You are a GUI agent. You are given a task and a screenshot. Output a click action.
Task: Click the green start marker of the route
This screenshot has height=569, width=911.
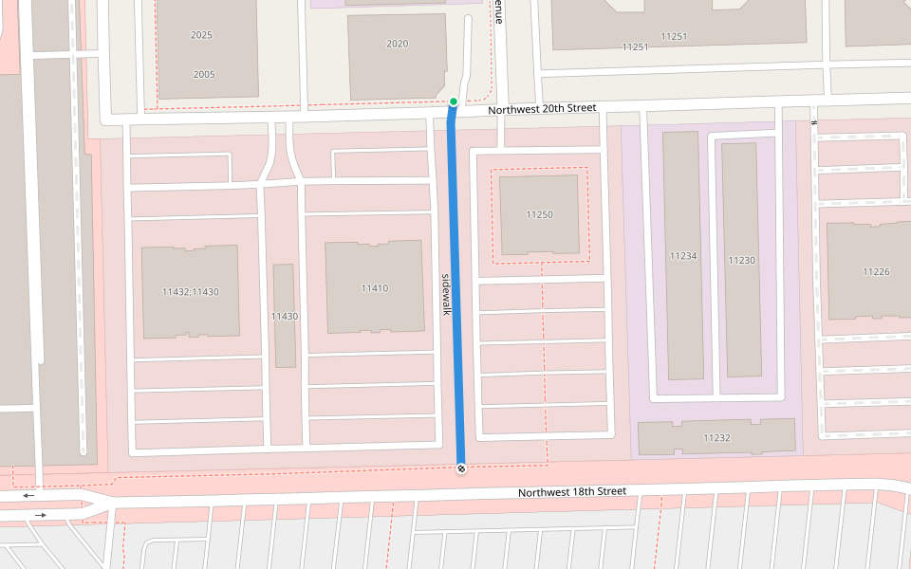tap(454, 101)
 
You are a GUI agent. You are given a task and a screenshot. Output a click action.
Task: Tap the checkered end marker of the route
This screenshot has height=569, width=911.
tap(461, 468)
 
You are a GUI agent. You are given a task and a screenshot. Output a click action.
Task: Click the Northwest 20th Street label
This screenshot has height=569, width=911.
tap(542, 109)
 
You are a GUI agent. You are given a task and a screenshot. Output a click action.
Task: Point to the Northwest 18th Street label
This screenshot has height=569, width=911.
tap(572, 492)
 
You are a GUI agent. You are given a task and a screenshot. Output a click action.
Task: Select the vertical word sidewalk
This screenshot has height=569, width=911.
tap(443, 295)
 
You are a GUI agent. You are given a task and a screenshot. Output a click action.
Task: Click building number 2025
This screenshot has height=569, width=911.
tap(201, 35)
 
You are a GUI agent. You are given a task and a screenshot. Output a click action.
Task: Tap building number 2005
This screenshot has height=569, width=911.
tap(204, 74)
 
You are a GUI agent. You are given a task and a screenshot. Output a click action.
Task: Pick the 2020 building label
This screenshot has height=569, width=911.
tap(398, 44)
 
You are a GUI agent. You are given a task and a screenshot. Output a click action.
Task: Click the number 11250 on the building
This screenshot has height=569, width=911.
tap(539, 214)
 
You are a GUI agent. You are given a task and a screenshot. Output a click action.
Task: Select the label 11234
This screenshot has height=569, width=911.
tap(683, 256)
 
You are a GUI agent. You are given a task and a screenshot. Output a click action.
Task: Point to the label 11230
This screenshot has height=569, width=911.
tap(742, 260)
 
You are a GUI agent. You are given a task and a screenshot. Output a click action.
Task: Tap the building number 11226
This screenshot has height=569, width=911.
tap(876, 272)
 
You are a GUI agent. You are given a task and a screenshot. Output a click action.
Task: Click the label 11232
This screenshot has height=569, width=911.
tap(716, 437)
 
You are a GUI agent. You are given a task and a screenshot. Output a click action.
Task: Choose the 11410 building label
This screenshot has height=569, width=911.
tap(374, 288)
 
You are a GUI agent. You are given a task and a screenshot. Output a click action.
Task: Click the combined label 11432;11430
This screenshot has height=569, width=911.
tap(191, 292)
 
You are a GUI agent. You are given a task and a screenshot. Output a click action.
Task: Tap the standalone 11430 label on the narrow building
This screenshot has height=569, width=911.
tap(285, 316)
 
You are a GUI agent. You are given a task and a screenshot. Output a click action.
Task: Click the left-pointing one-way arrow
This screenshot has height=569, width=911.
tap(28, 495)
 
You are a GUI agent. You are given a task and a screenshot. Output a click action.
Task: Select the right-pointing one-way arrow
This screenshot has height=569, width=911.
tap(41, 515)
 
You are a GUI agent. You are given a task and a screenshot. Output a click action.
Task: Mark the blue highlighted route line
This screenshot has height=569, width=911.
tap(456, 284)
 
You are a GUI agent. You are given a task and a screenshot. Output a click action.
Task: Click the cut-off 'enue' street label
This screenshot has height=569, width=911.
tap(497, 11)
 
